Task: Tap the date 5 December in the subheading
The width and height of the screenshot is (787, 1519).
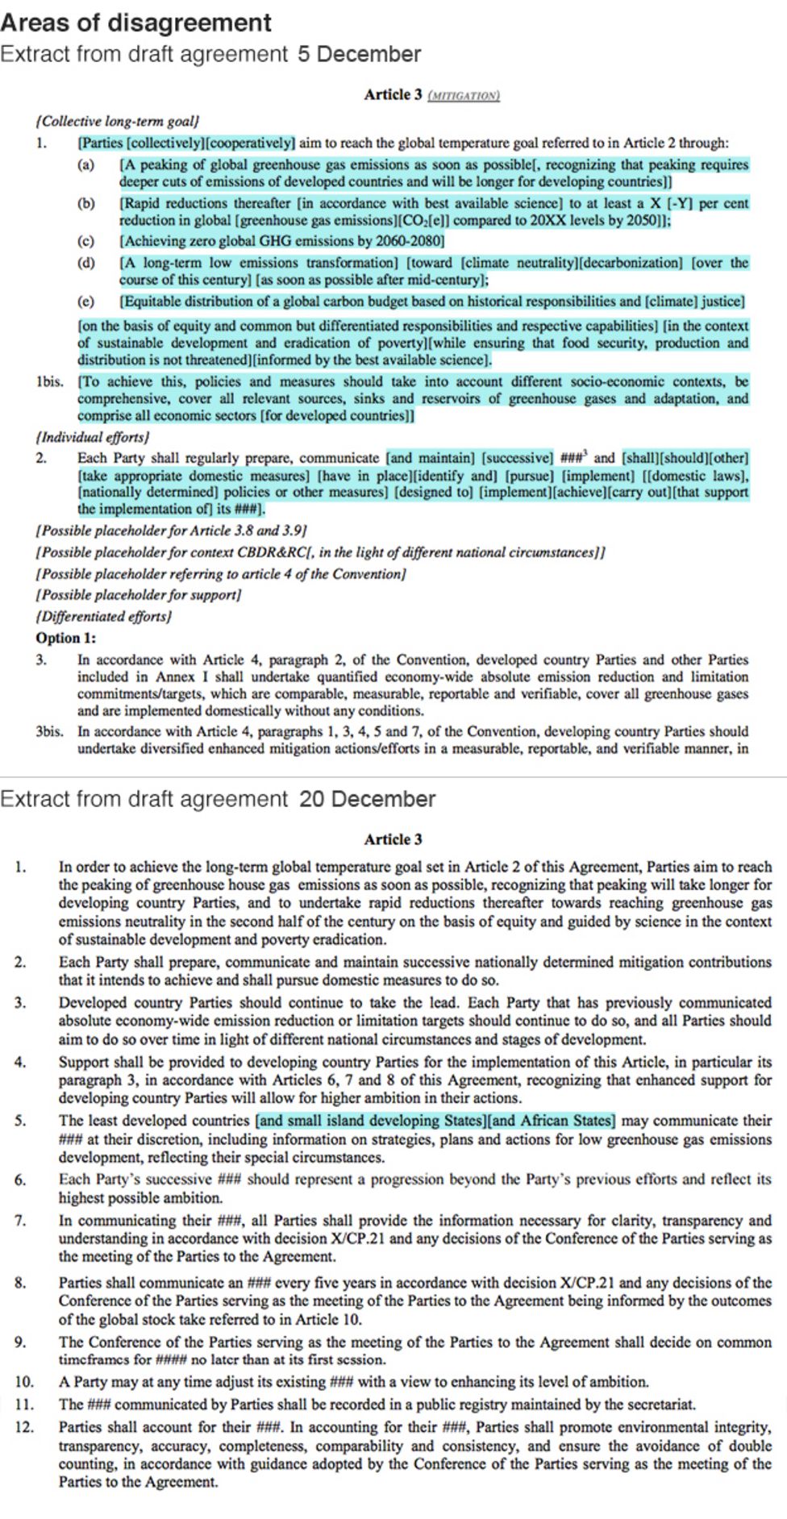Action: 359,54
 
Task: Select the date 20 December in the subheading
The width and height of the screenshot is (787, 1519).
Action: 367,799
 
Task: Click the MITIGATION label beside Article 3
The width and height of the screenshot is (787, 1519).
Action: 463,95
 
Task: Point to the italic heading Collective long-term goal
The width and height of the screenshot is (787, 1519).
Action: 117,122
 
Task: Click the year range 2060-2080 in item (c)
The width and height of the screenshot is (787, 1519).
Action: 409,241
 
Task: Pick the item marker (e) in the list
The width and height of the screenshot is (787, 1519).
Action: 85,302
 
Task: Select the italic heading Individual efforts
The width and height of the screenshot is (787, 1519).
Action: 92,437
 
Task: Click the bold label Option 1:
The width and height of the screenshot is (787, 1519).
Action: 65,638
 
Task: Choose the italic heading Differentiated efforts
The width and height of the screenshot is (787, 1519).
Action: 103,616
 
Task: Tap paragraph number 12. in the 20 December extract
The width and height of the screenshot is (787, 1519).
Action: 24,1427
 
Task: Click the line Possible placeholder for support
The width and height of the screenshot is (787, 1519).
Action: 138,595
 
